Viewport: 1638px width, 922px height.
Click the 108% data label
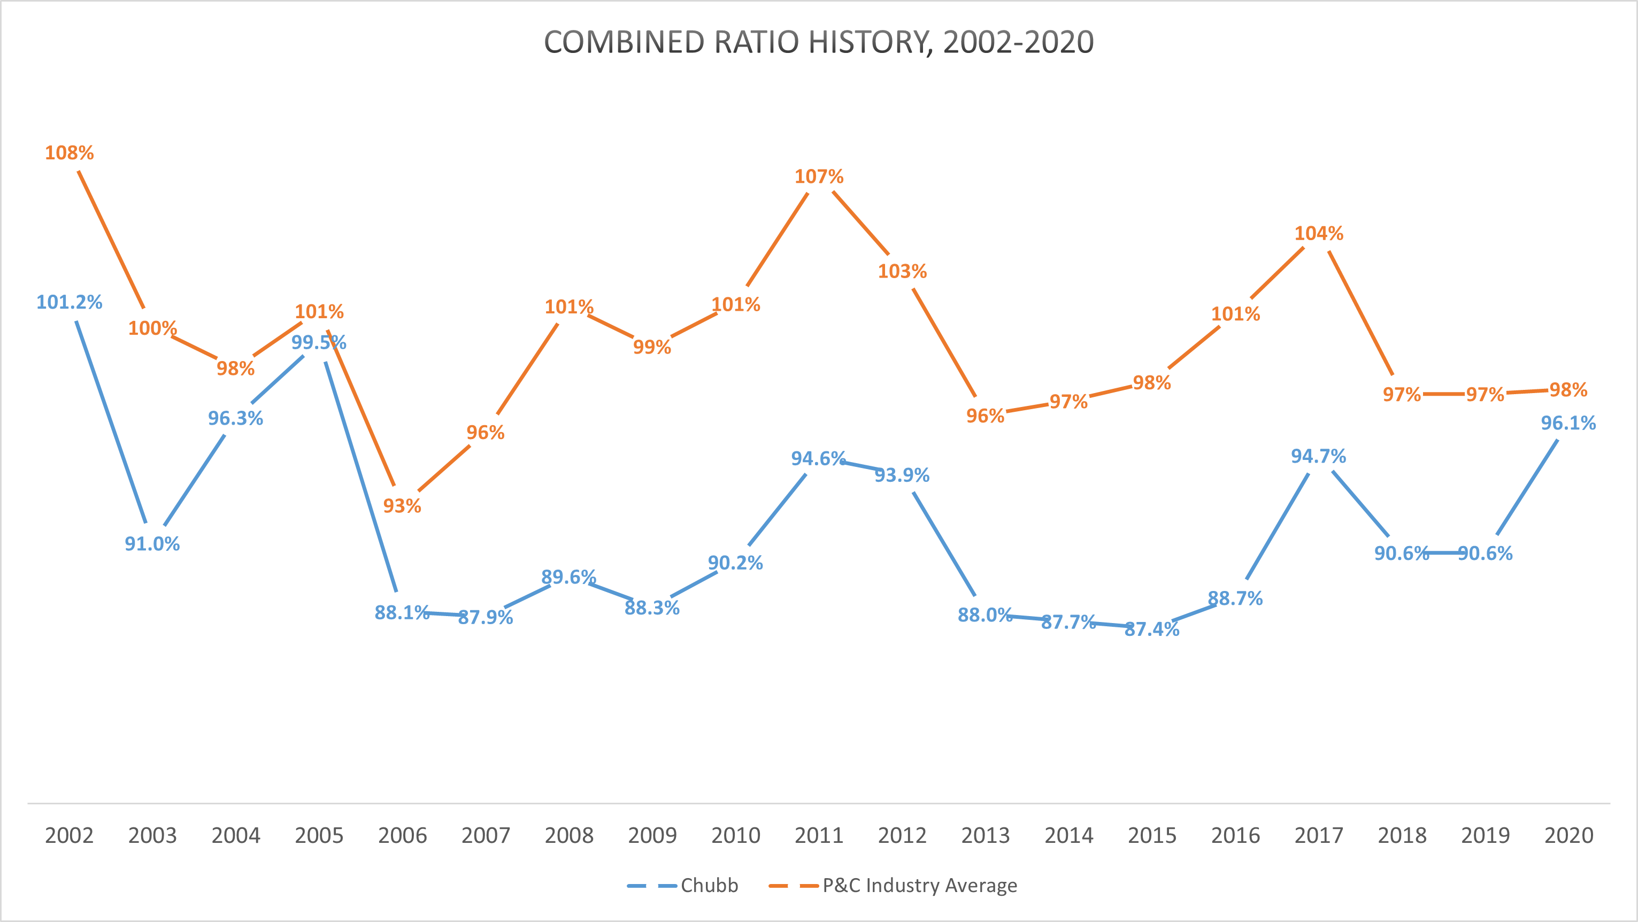[70, 152]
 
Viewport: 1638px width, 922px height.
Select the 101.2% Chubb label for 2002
[70, 302]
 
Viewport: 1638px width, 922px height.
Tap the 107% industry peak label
[819, 176]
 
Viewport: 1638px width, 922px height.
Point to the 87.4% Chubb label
[1151, 629]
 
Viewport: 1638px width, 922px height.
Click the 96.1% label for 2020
[1568, 423]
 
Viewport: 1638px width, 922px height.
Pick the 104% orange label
[1319, 233]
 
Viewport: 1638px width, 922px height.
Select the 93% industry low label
[402, 505]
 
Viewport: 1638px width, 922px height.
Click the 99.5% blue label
[319, 343]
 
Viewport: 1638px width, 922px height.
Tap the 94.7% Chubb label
[1318, 456]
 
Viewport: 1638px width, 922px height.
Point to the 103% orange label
[902, 272]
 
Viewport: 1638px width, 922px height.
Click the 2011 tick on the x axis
[819, 835]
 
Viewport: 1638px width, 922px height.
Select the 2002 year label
[70, 835]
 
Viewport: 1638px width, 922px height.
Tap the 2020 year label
[1568, 835]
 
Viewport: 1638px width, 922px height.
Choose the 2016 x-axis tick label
[1235, 835]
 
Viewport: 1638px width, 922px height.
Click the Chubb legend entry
[709, 885]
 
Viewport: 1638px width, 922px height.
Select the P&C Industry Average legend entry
[919, 885]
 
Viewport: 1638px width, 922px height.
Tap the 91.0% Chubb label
[152, 544]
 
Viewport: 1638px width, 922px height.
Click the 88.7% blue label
[1235, 598]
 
